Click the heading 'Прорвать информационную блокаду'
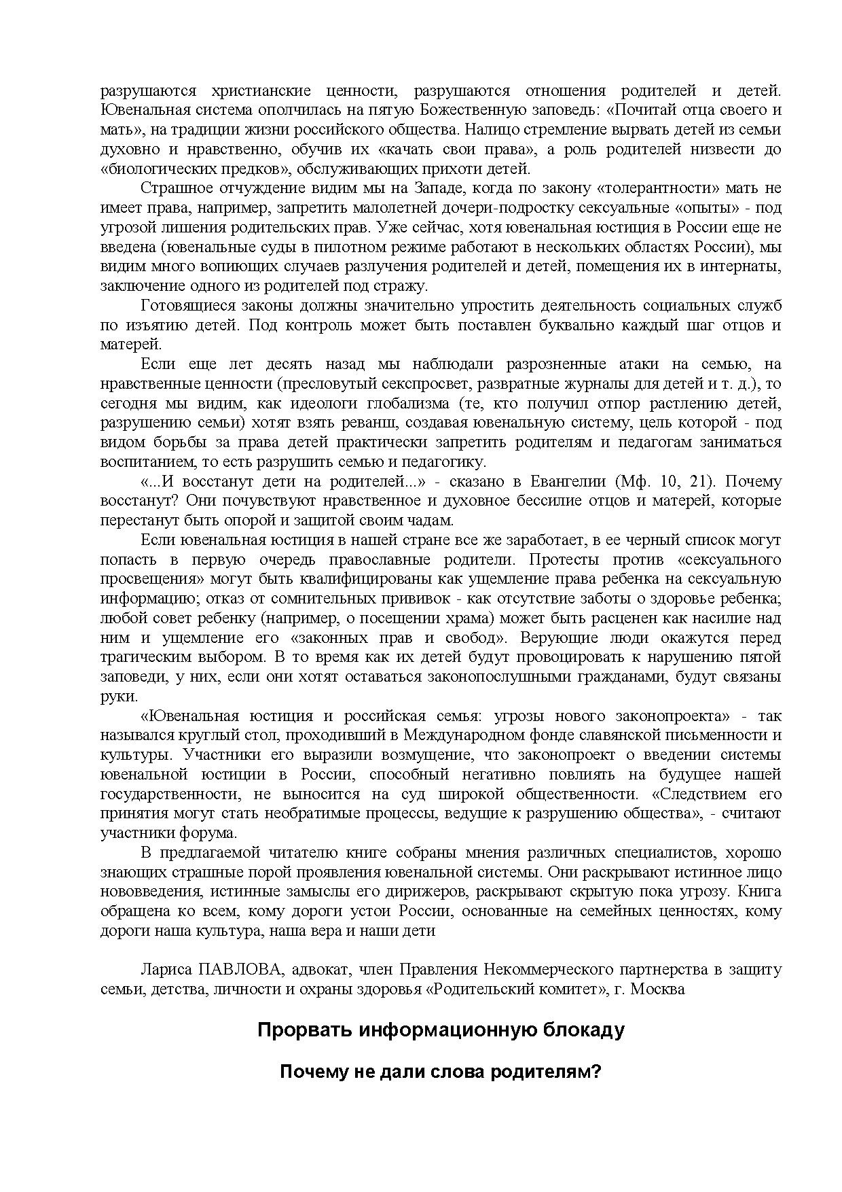441,1030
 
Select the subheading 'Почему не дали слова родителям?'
441,1072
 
